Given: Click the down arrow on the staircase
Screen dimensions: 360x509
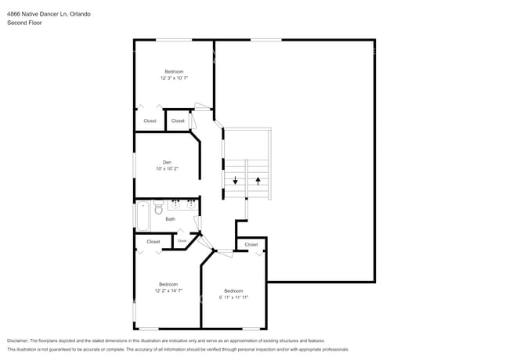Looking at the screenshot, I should pos(235,181).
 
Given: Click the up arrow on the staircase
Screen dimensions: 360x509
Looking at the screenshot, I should pos(258,181).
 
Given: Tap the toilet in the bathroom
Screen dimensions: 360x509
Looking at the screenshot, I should pos(158,208).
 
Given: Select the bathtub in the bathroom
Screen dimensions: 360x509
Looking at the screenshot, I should pos(143,215).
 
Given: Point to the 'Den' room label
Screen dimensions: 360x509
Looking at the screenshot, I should pos(166,162).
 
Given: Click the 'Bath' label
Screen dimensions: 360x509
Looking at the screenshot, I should pos(170,219).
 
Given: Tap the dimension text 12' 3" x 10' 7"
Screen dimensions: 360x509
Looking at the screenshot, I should pos(174,78).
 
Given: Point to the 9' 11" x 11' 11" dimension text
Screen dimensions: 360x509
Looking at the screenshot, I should pos(233,297).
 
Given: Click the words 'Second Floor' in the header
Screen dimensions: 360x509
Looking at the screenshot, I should pos(24,23).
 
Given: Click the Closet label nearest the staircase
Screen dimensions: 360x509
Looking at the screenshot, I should pos(251,244).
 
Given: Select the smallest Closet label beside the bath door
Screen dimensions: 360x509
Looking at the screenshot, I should pos(182,241).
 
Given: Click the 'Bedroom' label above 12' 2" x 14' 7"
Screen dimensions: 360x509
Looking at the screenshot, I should pos(168,284).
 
